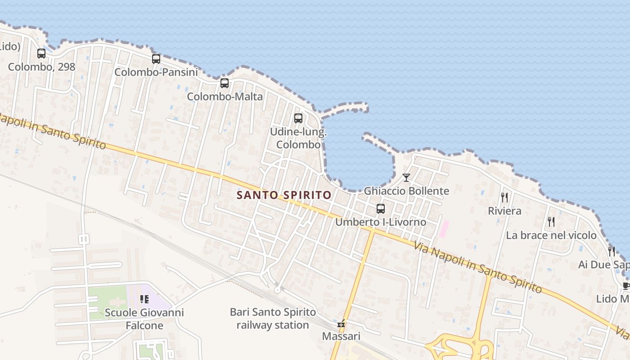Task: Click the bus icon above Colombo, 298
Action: tap(41, 54)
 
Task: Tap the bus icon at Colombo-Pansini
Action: tap(156, 59)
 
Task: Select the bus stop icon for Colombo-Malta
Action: tap(225, 83)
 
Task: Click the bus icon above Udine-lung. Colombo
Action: tap(298, 118)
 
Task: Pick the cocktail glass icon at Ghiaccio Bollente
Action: tap(406, 178)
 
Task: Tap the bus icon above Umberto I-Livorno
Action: tap(381, 209)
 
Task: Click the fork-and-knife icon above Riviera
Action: tap(504, 198)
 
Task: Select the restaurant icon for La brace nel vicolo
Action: tap(551, 221)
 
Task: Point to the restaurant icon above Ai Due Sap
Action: tap(612, 251)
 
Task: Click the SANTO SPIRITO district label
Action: tap(284, 195)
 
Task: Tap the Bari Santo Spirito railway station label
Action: tap(273, 318)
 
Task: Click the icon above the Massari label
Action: tap(341, 324)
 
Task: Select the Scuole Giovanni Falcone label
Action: tap(144, 319)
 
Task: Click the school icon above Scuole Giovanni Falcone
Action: tap(144, 299)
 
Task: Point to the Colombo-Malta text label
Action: tap(225, 97)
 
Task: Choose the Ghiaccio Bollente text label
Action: tap(406, 191)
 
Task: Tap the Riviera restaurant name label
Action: tap(504, 211)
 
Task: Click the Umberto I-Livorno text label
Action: tap(381, 222)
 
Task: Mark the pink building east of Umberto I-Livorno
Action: tap(444, 229)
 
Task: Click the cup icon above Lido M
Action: tap(626, 286)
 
